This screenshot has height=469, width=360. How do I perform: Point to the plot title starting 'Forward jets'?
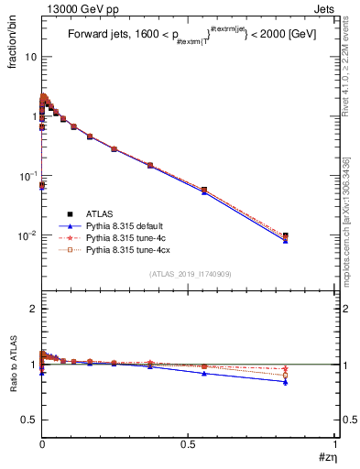tap(189, 36)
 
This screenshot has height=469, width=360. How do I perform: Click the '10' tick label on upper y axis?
tap(30, 57)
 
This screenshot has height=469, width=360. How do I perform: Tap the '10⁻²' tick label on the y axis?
tap(28, 235)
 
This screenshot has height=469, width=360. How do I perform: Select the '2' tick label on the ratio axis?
tap(35, 310)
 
